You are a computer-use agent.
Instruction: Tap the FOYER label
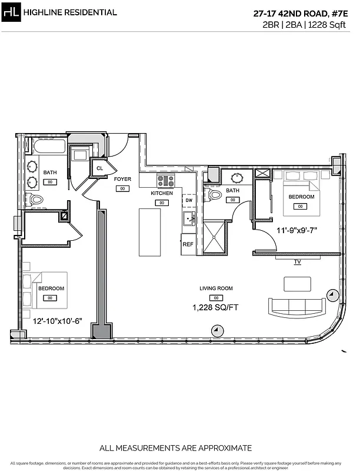(122, 179)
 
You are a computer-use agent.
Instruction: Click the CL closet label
(99, 168)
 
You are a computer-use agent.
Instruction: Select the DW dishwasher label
(189, 201)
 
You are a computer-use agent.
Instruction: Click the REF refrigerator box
(188, 244)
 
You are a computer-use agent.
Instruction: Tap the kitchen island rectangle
(149, 231)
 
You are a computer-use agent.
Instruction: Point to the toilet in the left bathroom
(36, 200)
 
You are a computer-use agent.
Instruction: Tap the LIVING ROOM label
(216, 288)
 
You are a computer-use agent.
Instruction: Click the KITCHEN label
(162, 193)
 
